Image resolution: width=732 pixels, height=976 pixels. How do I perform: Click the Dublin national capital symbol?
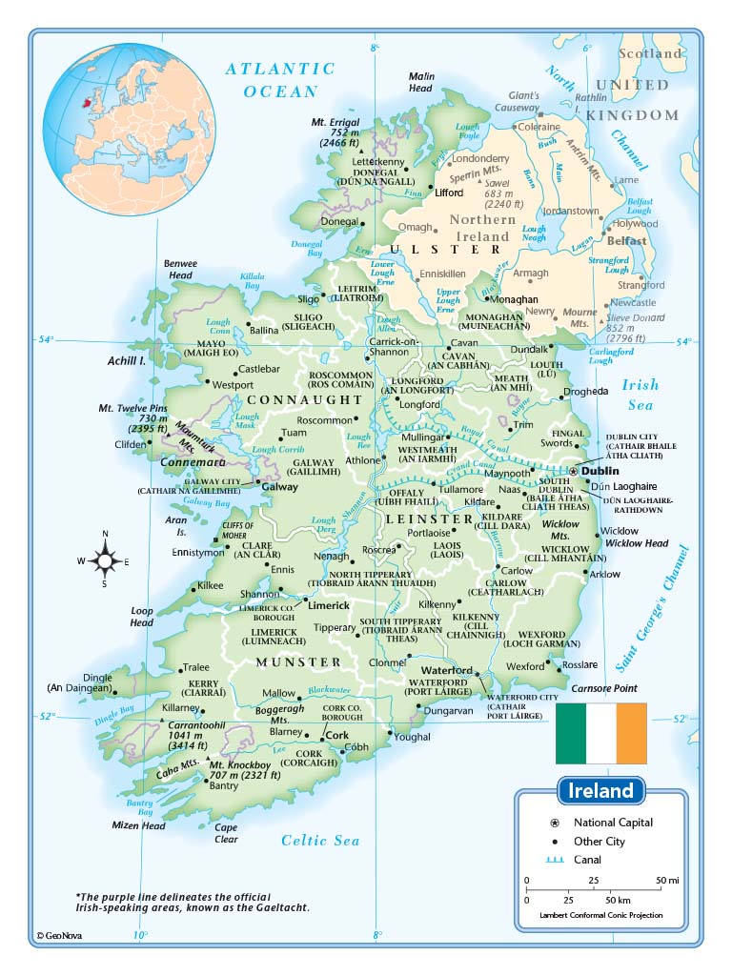pos(573,471)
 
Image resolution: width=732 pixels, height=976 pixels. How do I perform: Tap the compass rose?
pos(104,560)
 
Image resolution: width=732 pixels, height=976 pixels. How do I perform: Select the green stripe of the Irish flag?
pos(571,733)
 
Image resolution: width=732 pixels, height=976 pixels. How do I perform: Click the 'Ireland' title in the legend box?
pos(600,791)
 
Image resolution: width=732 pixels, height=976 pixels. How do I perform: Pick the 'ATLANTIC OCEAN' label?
pos(280,80)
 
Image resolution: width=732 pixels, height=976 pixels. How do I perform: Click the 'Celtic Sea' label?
pos(320,840)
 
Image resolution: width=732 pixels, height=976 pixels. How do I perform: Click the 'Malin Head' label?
pos(420,82)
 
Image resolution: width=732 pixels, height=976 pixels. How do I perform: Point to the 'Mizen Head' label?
pos(139,826)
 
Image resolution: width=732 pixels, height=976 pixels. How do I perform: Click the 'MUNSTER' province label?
pos(297,661)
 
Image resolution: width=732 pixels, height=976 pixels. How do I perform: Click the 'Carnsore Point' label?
pos(603,687)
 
